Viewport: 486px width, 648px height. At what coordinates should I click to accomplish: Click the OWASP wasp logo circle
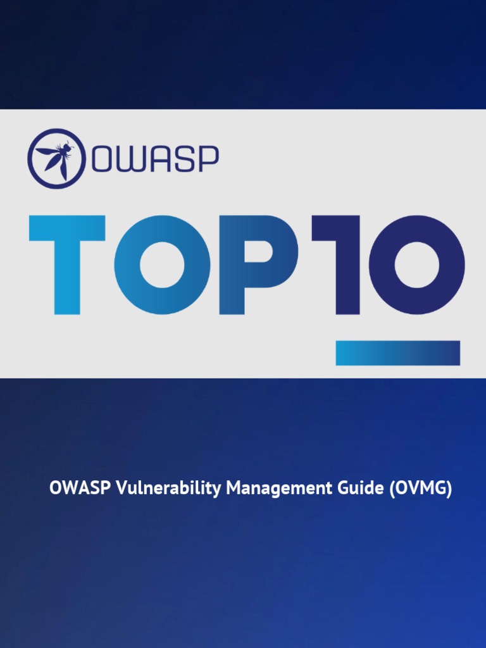pos(56,158)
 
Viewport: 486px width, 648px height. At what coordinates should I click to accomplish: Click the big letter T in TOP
pos(67,265)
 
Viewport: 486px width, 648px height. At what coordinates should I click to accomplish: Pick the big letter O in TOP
pos(165,265)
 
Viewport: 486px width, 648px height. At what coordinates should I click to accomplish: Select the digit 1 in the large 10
pos(342,265)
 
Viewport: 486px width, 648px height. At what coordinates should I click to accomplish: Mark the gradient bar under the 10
pos(397,352)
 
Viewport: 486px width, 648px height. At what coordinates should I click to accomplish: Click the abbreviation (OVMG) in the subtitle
pos(420,489)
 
